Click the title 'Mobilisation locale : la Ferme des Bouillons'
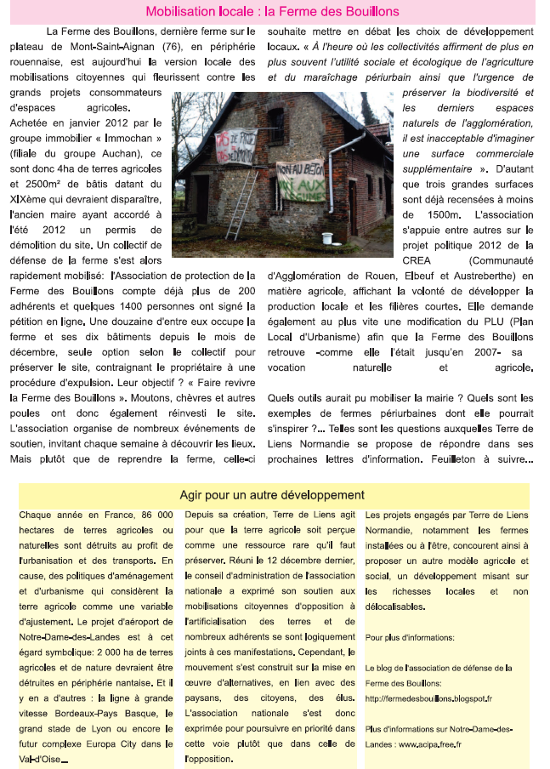[273, 12]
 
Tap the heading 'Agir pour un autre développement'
[273, 495]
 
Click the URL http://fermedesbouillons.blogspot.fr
[428, 698]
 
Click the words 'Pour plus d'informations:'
[410, 637]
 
